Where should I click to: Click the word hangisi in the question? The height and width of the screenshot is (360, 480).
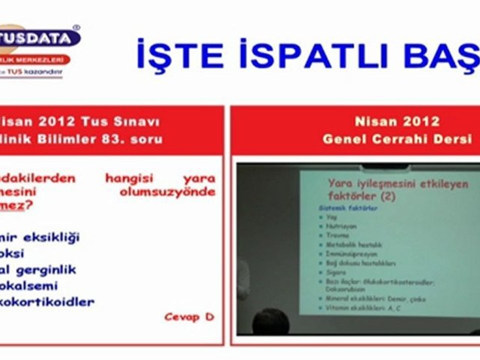pyautogui.click(x=129, y=178)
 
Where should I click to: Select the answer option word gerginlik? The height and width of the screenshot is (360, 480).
pyautogui.click(x=45, y=270)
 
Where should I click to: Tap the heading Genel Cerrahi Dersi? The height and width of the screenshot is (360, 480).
pyautogui.click(x=397, y=139)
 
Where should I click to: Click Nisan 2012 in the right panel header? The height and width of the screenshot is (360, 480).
pyautogui.click(x=397, y=121)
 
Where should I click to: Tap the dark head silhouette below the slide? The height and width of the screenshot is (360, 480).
pyautogui.click(x=270, y=321)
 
